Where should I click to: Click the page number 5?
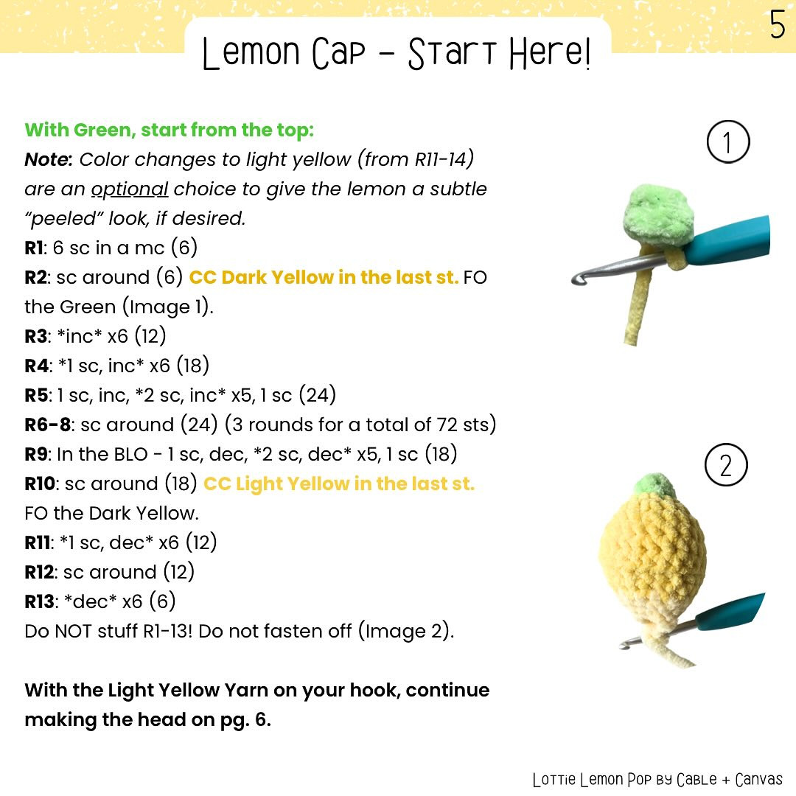[x=778, y=25]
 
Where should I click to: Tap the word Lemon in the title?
[x=249, y=55]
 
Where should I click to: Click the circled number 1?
[x=727, y=143]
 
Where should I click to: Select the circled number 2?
[x=726, y=467]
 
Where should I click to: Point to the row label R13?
[x=38, y=602]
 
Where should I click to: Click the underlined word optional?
[x=130, y=189]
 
